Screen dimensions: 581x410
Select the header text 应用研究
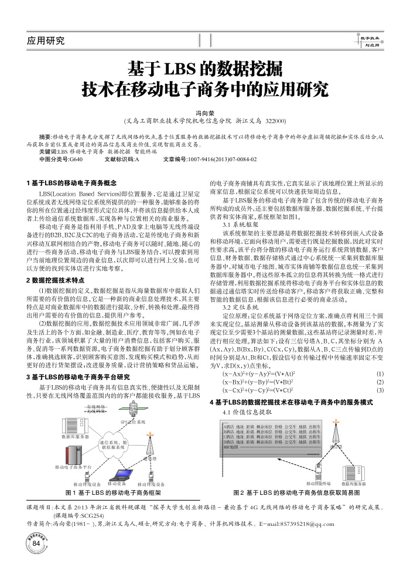click(46, 40)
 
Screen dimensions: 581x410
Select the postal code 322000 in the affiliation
click(275, 120)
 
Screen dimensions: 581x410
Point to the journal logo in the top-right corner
click(370, 40)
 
